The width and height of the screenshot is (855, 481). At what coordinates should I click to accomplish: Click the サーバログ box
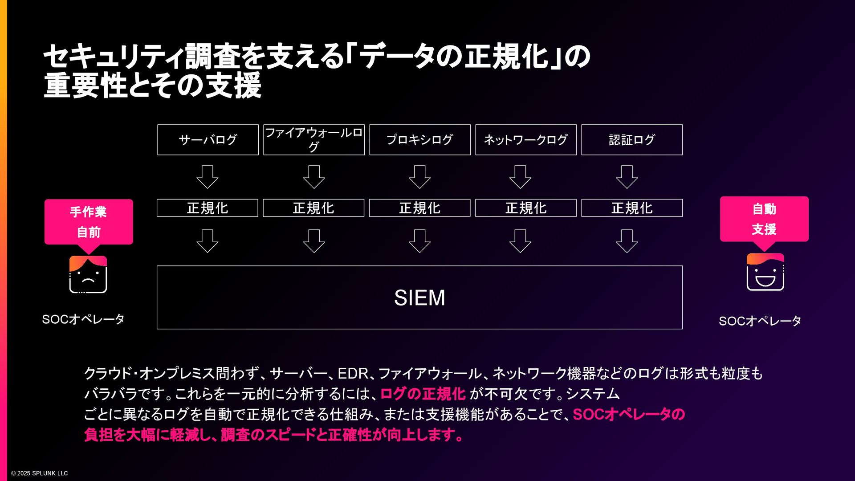tap(208, 140)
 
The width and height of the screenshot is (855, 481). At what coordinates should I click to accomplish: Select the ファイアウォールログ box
tap(314, 140)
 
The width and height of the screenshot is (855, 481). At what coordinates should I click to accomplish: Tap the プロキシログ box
tap(420, 140)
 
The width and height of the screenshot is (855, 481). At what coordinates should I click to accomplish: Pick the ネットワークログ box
tap(526, 140)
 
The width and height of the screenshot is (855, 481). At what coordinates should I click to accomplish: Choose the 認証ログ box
tap(632, 140)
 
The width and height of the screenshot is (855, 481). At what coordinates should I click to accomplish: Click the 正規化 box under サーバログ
tap(208, 208)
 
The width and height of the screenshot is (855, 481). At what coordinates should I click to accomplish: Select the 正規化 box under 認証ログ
tap(632, 208)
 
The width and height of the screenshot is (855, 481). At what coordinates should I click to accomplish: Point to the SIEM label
tap(419, 298)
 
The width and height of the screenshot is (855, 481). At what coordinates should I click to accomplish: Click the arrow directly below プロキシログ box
tap(420, 177)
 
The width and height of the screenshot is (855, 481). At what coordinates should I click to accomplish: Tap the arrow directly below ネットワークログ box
tap(520, 177)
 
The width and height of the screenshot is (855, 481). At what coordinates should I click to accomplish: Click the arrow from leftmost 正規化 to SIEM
tap(208, 241)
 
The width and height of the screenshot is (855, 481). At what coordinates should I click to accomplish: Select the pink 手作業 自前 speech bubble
tap(89, 222)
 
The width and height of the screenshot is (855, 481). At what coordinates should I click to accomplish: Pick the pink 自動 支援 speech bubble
tap(764, 219)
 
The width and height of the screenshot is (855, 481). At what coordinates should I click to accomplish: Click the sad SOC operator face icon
tap(88, 275)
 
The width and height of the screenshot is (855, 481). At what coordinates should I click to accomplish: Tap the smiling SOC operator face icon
tap(765, 272)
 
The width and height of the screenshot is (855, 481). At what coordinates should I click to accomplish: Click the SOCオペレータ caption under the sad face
tap(83, 319)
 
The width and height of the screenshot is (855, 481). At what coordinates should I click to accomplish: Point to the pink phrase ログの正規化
tap(423, 394)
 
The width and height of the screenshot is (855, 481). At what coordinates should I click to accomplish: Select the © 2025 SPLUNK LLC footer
tap(40, 473)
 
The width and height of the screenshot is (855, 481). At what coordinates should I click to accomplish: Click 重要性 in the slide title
tap(86, 85)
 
